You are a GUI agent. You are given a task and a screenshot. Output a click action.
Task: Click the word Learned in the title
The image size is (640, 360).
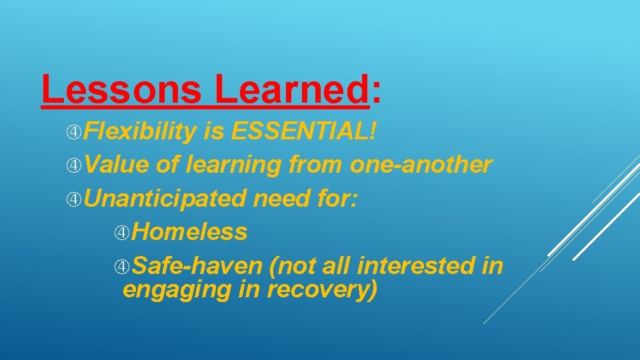point(291,89)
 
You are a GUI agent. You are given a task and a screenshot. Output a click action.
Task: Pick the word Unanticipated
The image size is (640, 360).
point(165,198)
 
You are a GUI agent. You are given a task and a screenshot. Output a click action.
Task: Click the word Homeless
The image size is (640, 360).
point(189,231)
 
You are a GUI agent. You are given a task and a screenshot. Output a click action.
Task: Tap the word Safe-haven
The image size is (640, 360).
point(197,265)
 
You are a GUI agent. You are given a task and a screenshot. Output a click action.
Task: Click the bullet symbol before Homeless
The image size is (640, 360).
point(122,232)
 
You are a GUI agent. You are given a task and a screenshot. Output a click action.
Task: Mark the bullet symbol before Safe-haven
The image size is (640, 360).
point(122,266)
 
